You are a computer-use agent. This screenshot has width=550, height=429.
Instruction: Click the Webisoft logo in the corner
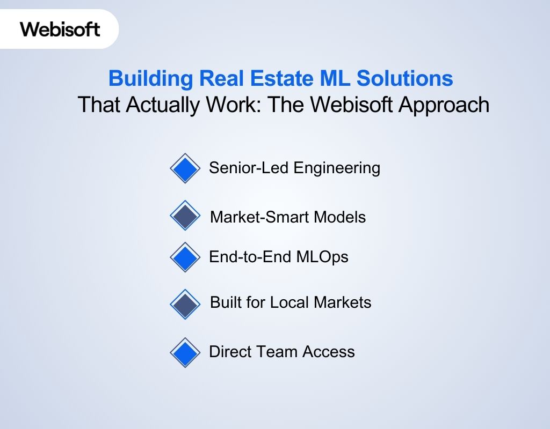[60, 28]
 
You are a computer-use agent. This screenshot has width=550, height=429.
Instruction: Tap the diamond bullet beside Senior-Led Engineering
[185, 168]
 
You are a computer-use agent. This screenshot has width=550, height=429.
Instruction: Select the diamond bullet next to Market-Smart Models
[185, 216]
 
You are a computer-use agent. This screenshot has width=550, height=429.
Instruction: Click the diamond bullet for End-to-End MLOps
[185, 257]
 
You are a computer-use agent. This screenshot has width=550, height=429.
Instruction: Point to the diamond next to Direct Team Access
[185, 352]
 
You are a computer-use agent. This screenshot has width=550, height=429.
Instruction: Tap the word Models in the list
[339, 217]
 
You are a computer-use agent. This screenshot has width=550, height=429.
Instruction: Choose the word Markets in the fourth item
[342, 302]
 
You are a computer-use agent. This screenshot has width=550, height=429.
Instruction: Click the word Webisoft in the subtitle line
[341, 105]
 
